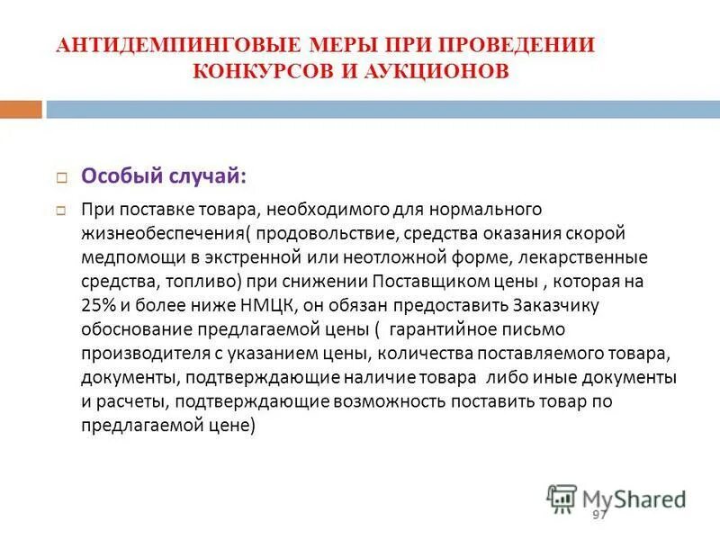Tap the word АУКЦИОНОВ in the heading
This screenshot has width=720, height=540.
click(438, 71)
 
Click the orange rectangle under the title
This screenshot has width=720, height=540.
click(21, 110)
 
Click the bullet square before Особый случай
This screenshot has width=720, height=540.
click(62, 177)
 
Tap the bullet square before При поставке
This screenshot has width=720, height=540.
click(62, 211)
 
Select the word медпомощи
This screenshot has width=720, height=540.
click(125, 257)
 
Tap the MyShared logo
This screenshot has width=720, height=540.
click(616, 499)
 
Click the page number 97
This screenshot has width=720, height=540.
click(600, 514)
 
